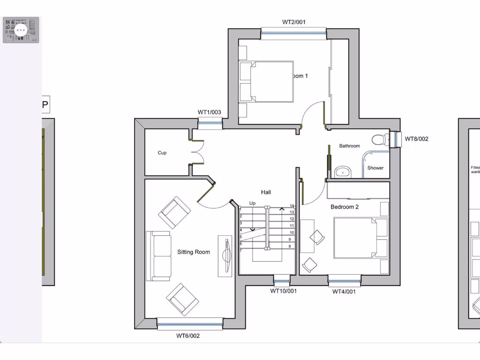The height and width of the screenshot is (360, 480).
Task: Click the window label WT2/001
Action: [x=294, y=22]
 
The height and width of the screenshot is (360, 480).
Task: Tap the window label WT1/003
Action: [x=209, y=112]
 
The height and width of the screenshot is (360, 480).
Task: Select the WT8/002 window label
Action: [x=416, y=139]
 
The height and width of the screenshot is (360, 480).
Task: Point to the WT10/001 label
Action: [x=283, y=291]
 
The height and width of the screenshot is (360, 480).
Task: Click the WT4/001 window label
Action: [x=344, y=292]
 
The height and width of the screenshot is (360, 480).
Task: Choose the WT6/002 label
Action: [x=188, y=336]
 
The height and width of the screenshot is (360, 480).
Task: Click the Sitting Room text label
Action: [x=194, y=252]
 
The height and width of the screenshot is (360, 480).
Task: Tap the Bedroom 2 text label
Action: [x=345, y=207]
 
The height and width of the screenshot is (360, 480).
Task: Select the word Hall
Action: [x=266, y=192]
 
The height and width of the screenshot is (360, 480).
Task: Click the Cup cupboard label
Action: [x=162, y=153]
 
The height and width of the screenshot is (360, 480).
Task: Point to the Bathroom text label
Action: [x=350, y=146]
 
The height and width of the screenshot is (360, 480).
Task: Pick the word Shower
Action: [x=375, y=168]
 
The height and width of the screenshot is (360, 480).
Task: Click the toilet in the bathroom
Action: [x=379, y=140]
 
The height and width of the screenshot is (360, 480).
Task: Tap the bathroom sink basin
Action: [x=344, y=172]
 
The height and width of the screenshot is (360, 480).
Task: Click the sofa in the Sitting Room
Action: [x=158, y=255]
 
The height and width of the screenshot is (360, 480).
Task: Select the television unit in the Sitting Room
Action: [x=225, y=256]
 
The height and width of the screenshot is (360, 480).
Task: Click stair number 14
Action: [x=292, y=206]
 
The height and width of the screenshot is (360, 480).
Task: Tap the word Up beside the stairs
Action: [x=252, y=203]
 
